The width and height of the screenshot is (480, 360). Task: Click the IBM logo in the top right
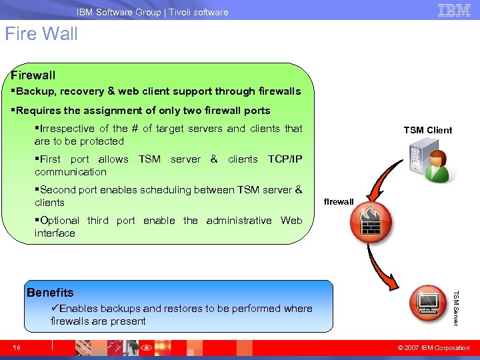(454, 10)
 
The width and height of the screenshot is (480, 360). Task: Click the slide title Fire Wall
(41, 34)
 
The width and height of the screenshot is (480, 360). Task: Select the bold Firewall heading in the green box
(33, 75)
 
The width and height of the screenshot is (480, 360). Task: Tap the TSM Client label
(427, 130)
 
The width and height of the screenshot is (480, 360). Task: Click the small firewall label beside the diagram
(339, 201)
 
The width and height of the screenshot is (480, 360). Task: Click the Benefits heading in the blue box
(50, 292)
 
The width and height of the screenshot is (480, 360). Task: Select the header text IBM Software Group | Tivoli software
(152, 12)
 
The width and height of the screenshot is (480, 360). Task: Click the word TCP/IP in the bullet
(285, 159)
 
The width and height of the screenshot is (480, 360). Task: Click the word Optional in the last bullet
(59, 221)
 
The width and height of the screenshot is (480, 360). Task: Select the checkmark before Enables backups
(55, 308)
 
